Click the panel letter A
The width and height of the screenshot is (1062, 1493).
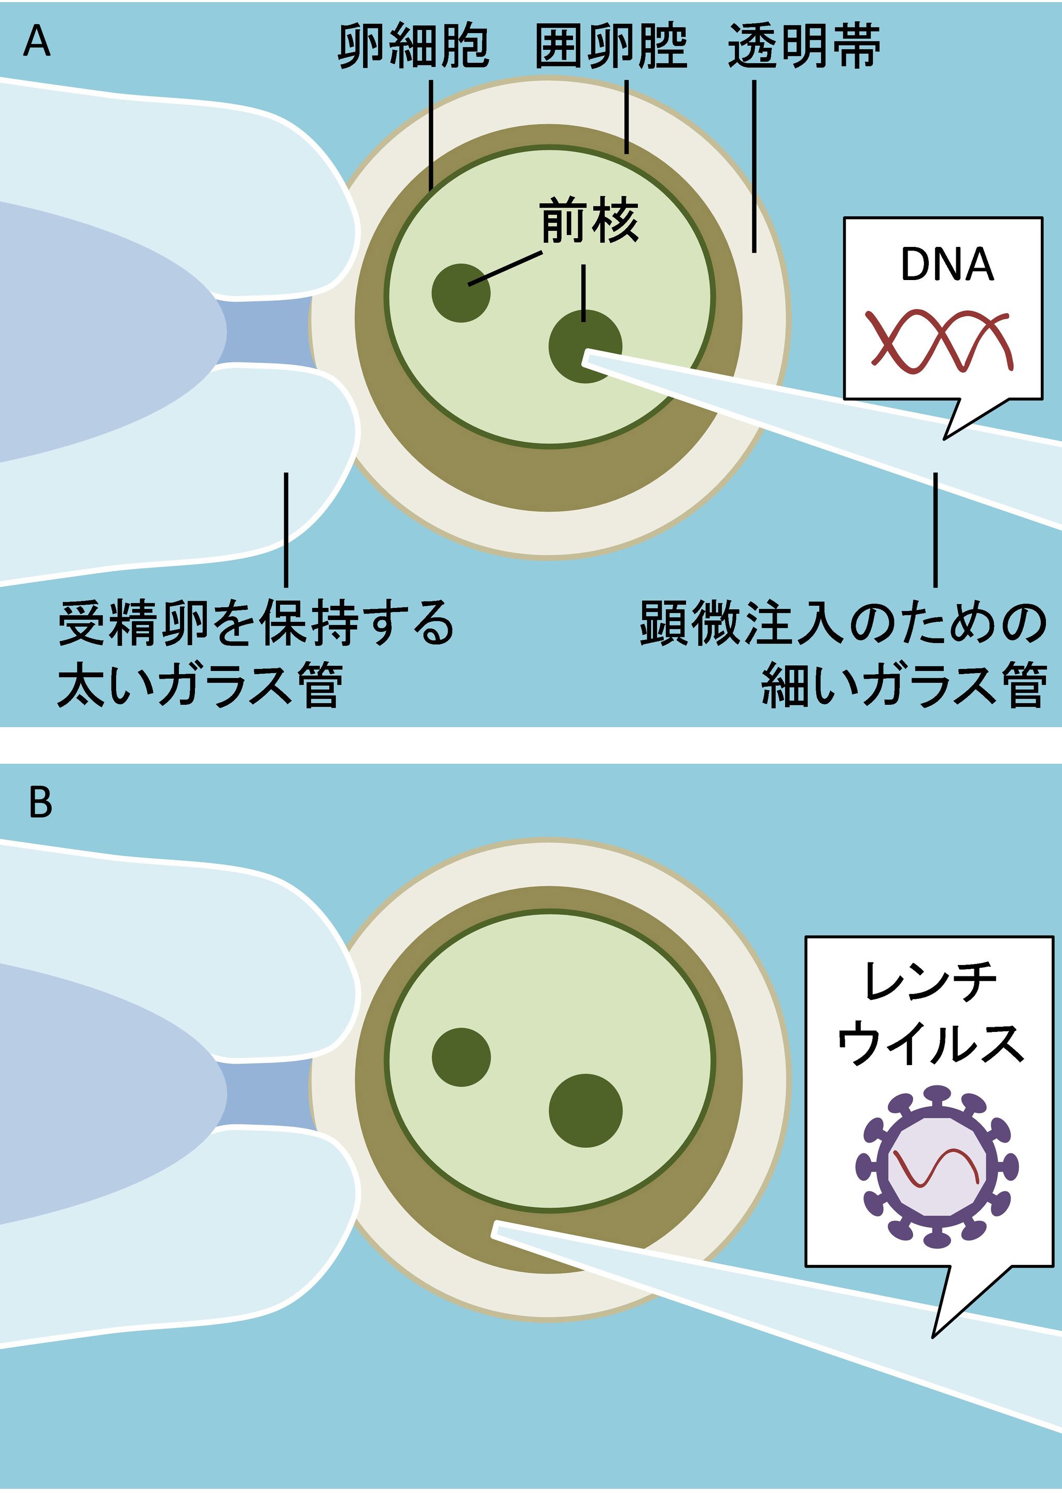point(37,43)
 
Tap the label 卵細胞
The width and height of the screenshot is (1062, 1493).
point(413,47)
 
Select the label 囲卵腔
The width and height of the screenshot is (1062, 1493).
point(611,47)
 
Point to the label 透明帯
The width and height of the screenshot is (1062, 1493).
point(804,47)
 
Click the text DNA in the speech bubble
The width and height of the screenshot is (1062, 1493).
point(947,265)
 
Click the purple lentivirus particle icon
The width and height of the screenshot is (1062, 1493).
point(937,1165)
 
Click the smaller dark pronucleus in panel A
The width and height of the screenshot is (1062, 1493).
point(461,293)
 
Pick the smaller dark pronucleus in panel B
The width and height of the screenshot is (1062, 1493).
point(461,1057)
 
